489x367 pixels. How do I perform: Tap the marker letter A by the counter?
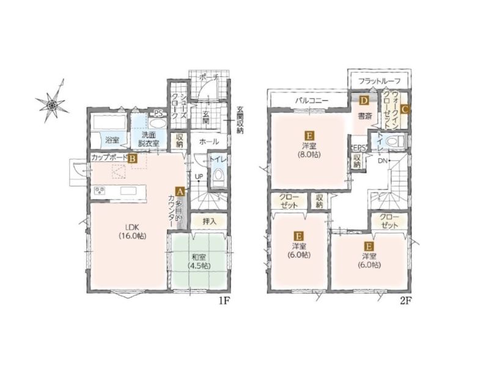(x=179, y=191)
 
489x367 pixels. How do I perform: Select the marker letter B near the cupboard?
(x=132, y=158)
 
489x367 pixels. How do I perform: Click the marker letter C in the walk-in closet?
(x=404, y=109)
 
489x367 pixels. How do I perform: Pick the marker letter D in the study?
(x=364, y=100)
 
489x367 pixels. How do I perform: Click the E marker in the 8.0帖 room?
(x=309, y=136)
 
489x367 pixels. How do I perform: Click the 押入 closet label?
(x=209, y=221)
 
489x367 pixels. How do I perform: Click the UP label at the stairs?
(x=199, y=177)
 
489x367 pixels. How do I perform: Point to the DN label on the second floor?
(x=383, y=161)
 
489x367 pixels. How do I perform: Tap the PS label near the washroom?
(x=158, y=113)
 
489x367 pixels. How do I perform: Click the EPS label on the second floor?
(x=359, y=147)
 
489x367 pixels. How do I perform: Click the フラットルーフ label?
(x=379, y=81)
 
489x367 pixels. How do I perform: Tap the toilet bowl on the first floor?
(x=218, y=178)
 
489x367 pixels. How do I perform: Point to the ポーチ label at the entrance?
(x=208, y=77)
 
